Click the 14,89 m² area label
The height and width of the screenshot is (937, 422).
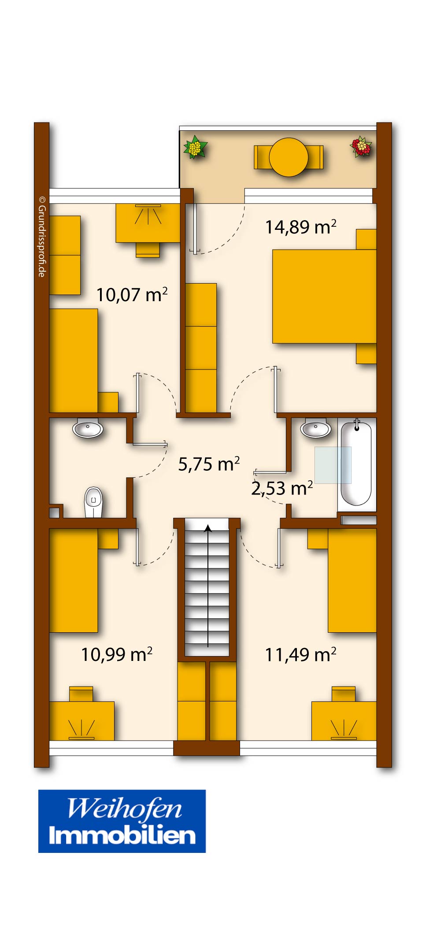click(300, 227)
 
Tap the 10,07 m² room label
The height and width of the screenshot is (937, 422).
click(132, 295)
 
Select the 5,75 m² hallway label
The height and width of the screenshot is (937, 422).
click(209, 464)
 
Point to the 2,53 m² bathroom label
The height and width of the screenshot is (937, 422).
click(282, 488)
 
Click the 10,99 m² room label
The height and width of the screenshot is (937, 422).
click(117, 655)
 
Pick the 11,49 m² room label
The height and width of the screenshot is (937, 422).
click(300, 655)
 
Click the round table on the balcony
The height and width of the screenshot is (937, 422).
click(289, 157)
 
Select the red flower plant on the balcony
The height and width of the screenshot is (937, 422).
click(361, 146)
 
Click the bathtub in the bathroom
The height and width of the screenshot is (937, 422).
click(356, 463)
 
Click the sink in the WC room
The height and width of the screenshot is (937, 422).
click(88, 428)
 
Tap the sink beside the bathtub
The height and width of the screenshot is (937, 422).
click(316, 428)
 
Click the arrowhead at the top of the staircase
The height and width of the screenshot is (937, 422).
click(208, 528)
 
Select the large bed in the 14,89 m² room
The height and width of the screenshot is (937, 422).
click(324, 296)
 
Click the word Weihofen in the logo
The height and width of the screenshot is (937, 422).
click(124, 809)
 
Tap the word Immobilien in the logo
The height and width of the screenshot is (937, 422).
click(122, 835)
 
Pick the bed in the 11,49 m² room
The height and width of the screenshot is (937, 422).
click(352, 580)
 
